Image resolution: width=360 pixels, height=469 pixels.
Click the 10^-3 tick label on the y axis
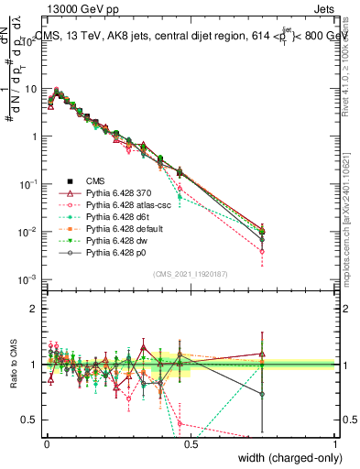(27, 278)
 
